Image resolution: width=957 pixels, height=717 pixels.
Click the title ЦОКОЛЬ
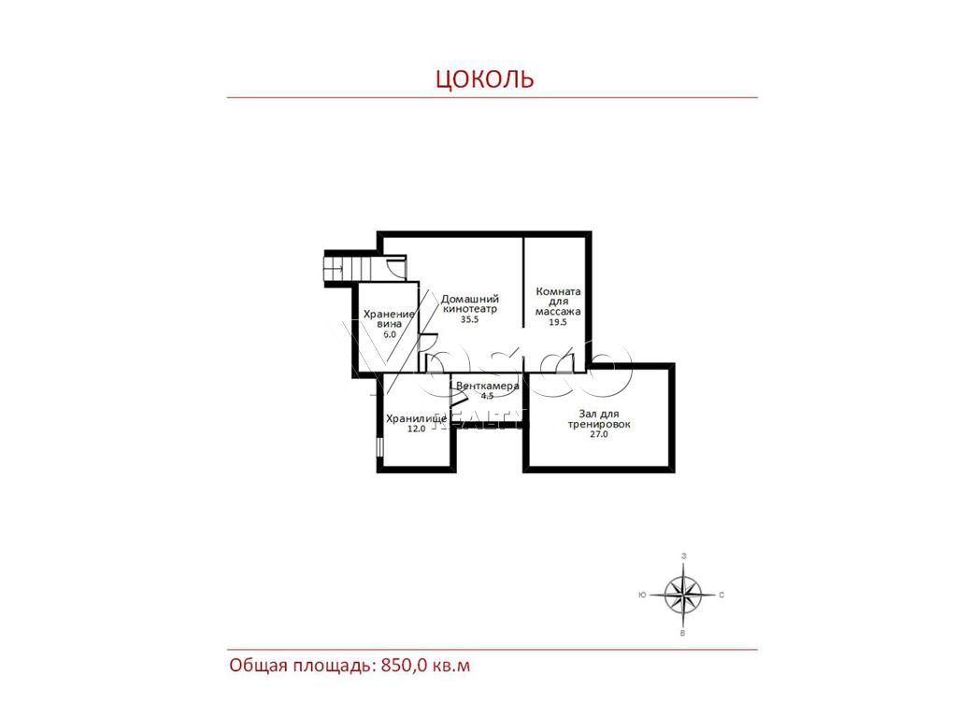click(485, 79)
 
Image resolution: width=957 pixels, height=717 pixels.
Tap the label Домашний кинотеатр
click(470, 303)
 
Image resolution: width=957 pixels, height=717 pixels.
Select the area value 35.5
click(469, 319)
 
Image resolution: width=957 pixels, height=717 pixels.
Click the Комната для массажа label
click(558, 302)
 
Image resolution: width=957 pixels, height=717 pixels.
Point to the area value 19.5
click(557, 322)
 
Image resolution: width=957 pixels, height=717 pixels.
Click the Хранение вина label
click(389, 319)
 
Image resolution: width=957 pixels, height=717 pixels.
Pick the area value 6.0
click(390, 334)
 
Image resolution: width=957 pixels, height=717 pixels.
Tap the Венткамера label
click(487, 386)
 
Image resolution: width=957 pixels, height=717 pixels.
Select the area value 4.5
click(487, 396)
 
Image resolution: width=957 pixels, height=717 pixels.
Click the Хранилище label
click(416, 419)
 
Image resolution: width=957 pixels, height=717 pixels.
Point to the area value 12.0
click(416, 429)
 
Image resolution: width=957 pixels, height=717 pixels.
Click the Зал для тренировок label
click(599, 419)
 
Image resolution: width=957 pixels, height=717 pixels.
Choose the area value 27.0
click(599, 434)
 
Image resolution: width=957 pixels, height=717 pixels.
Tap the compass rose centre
click(683, 595)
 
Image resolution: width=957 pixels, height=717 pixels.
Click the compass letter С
click(721, 595)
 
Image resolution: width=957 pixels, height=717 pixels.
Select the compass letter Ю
click(642, 595)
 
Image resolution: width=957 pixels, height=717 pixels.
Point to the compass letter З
click(683, 556)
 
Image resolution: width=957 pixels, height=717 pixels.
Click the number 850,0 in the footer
click(404, 665)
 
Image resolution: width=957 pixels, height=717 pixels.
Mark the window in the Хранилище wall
click(379, 445)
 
